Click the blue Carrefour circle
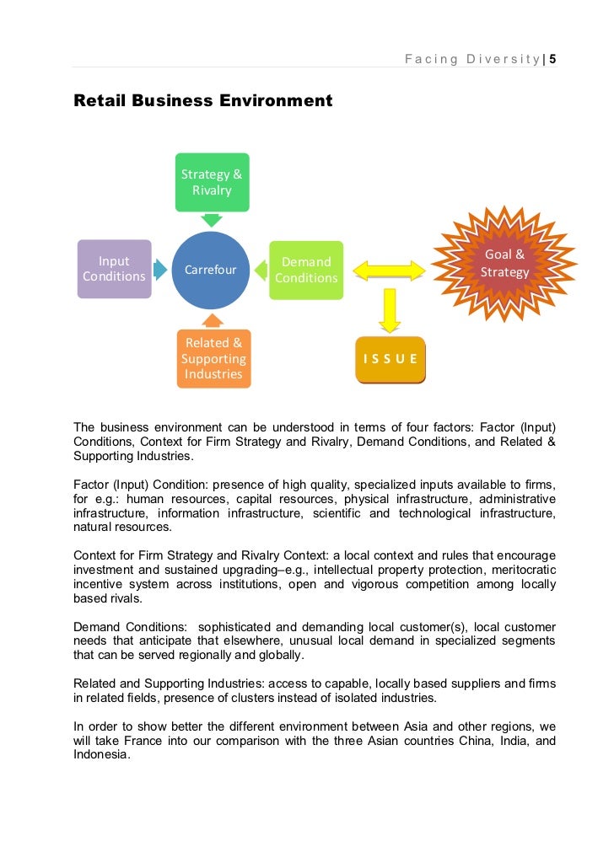pyautogui.click(x=211, y=270)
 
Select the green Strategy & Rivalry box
pyautogui.click(x=212, y=182)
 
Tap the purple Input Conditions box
pyautogui.click(x=114, y=269)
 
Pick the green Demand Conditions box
pyautogui.click(x=306, y=270)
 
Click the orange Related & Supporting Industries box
pyautogui.click(x=213, y=358)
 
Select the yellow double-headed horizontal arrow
pyautogui.click(x=389, y=271)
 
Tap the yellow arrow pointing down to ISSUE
pyautogui.click(x=389, y=310)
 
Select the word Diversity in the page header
pyautogui.click(x=502, y=59)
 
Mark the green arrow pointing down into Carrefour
pyautogui.click(x=213, y=220)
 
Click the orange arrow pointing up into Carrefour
pyautogui.click(x=213, y=320)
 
